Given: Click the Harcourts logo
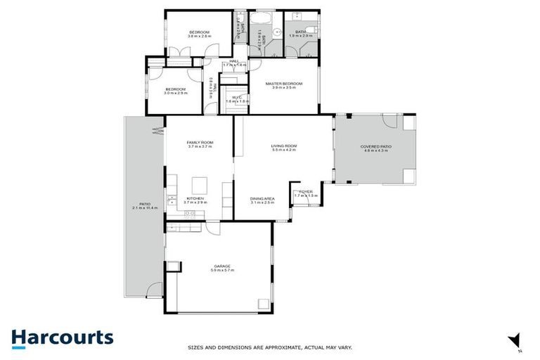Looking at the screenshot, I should [62, 337].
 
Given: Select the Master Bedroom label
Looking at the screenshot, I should [283, 84].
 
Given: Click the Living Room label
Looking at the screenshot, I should [284, 146].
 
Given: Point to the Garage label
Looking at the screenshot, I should [222, 266].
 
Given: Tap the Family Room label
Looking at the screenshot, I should [200, 143].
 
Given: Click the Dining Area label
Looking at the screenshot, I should [262, 198].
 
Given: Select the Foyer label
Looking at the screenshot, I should [306, 191].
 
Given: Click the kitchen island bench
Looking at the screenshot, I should [200, 186].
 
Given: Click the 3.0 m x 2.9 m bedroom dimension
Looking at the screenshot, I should [175, 94].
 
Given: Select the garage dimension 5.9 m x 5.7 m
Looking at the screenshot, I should [222, 271].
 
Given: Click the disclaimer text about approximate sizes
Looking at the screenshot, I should [269, 347].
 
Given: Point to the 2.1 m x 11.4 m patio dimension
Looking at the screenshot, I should [146, 209].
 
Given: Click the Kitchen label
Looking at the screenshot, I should [195, 198].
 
